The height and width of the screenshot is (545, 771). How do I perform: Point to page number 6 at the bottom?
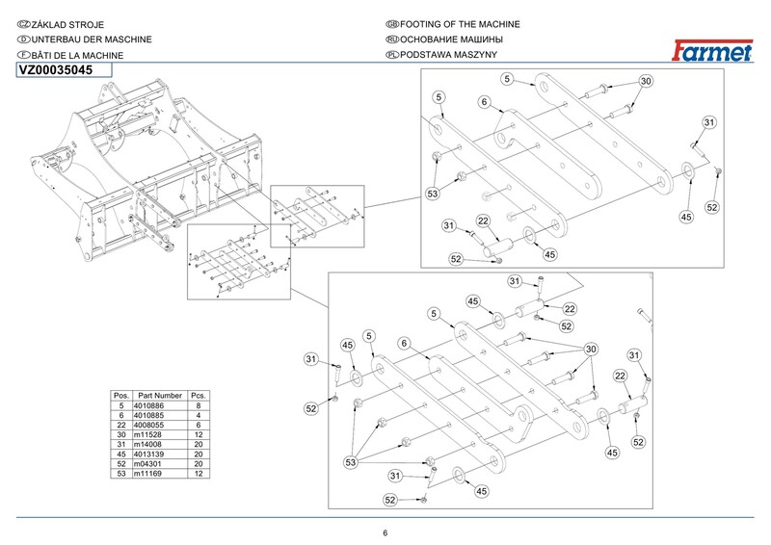click(385, 534)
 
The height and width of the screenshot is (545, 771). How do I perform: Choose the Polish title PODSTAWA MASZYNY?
click(447, 55)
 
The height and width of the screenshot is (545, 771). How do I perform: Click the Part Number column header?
click(160, 396)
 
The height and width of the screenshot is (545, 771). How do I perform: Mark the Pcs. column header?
click(199, 396)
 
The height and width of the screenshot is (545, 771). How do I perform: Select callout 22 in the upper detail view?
click(483, 221)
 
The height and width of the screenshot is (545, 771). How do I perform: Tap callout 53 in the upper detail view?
click(434, 193)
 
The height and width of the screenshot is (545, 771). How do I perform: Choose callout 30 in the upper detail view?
click(646, 81)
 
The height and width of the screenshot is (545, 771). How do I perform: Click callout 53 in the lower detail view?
click(351, 462)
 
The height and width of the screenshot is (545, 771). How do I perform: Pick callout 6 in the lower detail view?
click(405, 343)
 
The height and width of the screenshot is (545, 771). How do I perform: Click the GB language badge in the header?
click(391, 24)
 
